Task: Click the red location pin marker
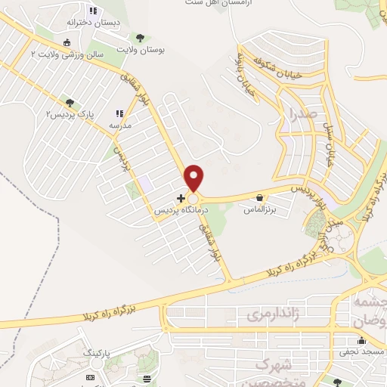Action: [195, 177]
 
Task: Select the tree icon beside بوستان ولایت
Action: [139, 37]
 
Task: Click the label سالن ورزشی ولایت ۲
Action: [65, 54]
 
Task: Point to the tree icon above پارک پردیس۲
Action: [70, 102]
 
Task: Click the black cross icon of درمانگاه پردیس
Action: [180, 198]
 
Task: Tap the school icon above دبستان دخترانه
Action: [94, 11]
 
